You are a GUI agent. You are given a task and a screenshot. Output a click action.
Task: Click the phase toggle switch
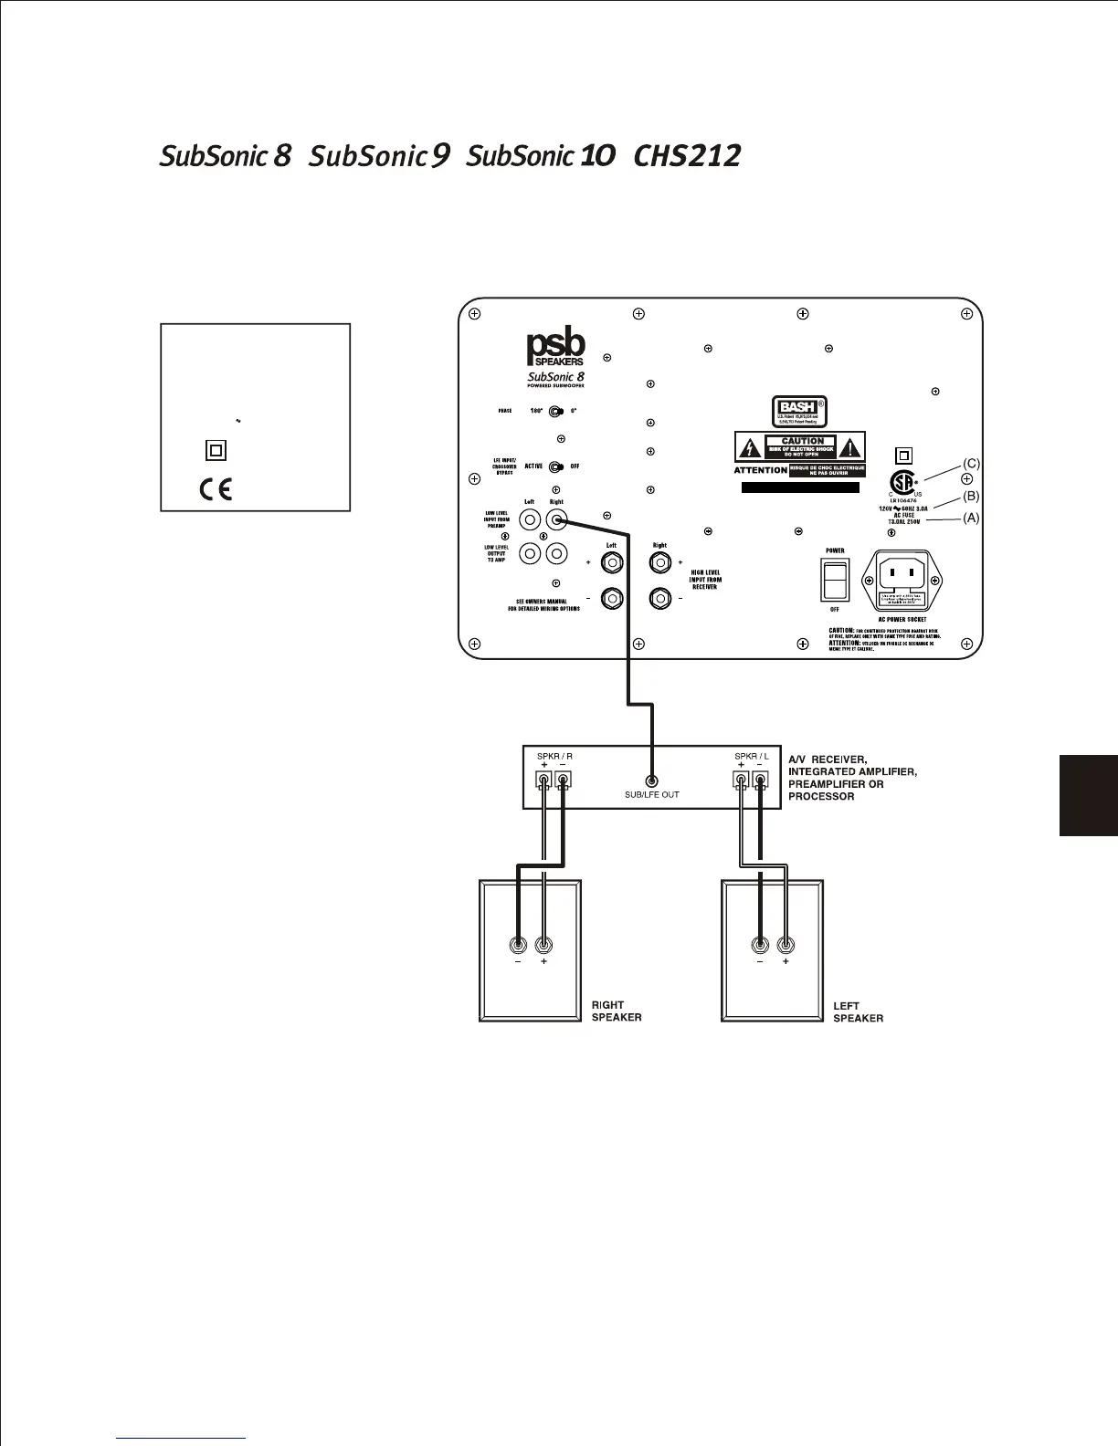click(556, 411)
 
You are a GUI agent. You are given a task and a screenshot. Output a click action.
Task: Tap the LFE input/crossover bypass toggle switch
click(556, 467)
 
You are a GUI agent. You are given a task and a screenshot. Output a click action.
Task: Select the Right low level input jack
click(556, 521)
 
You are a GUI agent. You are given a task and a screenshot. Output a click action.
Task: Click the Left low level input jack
click(530, 521)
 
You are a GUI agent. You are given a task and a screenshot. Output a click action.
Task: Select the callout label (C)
click(971, 464)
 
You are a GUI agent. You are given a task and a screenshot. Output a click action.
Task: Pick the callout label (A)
click(971, 517)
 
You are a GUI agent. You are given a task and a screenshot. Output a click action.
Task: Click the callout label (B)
click(971, 496)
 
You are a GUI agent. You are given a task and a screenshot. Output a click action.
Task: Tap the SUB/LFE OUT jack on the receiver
click(651, 781)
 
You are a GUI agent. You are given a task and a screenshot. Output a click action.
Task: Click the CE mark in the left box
click(216, 489)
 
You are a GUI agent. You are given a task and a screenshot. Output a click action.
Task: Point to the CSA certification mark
click(903, 481)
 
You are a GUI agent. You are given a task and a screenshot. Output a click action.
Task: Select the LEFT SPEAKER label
click(858, 1011)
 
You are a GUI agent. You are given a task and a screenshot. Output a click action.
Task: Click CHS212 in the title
click(687, 156)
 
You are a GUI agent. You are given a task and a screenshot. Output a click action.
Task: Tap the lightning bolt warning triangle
click(750, 447)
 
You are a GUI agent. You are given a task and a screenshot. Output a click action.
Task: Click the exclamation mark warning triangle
click(851, 447)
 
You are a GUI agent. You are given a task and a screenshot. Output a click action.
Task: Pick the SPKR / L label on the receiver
click(752, 756)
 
